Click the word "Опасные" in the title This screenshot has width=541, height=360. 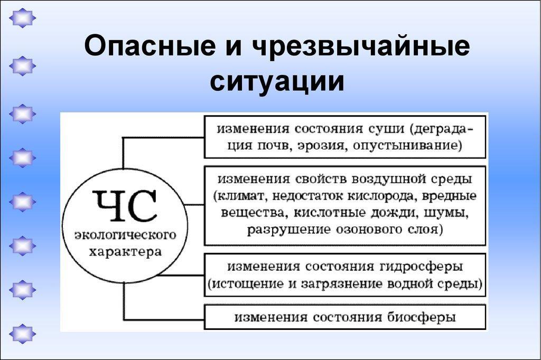[x=150, y=45]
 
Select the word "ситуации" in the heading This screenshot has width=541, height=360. [x=277, y=81]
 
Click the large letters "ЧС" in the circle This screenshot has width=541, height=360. [x=125, y=206]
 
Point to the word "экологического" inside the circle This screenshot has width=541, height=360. [x=125, y=235]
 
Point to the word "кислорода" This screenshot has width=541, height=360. [x=380, y=196]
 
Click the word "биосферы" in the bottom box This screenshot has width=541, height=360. [x=421, y=317]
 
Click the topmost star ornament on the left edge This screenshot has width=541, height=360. [x=22, y=17]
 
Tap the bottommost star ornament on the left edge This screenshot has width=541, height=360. [x=22, y=334]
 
